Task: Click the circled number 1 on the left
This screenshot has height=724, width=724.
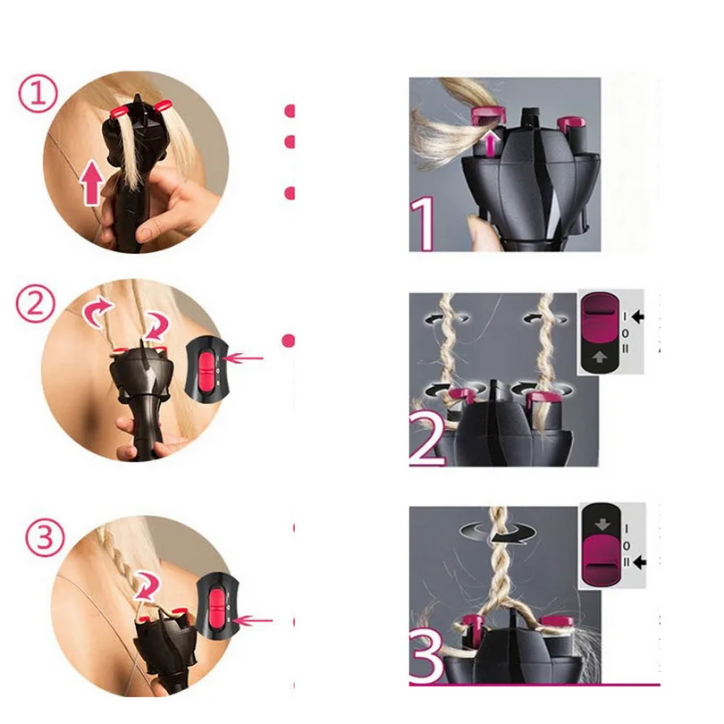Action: point(38,94)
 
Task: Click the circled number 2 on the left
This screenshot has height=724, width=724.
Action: point(36,304)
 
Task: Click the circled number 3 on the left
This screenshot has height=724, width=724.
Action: point(45,537)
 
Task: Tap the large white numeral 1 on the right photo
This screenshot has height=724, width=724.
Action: point(423,224)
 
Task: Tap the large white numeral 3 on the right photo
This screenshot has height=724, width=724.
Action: point(425,657)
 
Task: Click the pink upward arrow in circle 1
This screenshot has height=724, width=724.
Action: point(91,182)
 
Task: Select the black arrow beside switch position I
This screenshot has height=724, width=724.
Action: point(637,316)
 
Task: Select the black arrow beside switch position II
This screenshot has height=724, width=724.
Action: point(639,562)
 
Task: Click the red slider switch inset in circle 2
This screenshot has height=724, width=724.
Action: point(206,367)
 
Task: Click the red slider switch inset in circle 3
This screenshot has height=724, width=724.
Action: point(216,605)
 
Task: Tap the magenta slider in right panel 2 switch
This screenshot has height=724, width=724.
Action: point(600,317)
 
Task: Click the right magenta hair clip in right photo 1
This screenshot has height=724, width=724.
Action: point(571,122)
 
